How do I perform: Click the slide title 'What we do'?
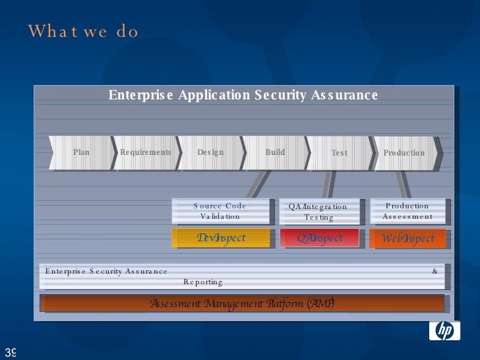tap(83, 32)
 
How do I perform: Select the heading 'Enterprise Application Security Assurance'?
tap(243, 95)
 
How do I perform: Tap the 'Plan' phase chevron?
tap(81, 152)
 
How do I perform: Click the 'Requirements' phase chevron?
tap(145, 152)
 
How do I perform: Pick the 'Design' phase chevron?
tap(210, 152)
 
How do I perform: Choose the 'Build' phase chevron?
tap(275, 152)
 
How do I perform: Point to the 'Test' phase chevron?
tap(339, 153)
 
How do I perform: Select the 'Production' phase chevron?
tap(404, 153)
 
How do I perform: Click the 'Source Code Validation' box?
tap(221, 211)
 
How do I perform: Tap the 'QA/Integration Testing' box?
tap(319, 212)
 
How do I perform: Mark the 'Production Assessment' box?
tap(407, 211)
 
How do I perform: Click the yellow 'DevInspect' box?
tap(221, 238)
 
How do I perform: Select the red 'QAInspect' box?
tap(320, 238)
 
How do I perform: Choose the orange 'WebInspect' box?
tap(407, 239)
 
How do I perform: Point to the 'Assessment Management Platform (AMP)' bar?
tap(242, 303)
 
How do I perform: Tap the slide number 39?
tap(10, 351)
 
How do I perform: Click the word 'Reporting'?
tap(203, 282)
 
